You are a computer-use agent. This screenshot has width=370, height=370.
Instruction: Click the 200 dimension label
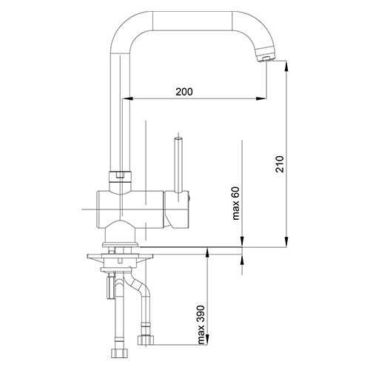click(x=184, y=92)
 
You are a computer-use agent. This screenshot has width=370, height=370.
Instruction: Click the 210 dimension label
click(x=280, y=164)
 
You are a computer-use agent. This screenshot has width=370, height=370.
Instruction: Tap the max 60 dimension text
click(x=236, y=203)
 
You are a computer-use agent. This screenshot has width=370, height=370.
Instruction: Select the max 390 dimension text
click(x=201, y=325)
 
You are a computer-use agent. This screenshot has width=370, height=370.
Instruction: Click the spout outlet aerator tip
click(x=266, y=58)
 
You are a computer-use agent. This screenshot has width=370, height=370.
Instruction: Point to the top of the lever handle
click(x=178, y=138)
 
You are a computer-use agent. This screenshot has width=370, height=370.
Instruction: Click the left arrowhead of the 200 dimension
click(x=128, y=98)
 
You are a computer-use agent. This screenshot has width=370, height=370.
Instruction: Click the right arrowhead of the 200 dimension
click(x=261, y=98)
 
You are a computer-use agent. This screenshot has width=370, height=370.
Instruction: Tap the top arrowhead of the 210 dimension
click(x=286, y=66)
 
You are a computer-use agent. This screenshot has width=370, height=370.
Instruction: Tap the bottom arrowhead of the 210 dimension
click(x=286, y=241)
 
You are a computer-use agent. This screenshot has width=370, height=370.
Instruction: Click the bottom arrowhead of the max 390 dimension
click(x=208, y=340)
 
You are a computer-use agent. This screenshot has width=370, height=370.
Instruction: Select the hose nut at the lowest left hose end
click(x=119, y=354)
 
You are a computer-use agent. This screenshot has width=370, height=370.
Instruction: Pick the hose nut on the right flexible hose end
click(x=145, y=340)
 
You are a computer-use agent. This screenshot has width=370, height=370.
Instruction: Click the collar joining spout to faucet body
click(x=120, y=177)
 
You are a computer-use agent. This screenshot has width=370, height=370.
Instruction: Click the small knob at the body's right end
click(x=190, y=198)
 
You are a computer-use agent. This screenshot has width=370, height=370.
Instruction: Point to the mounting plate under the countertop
click(x=120, y=257)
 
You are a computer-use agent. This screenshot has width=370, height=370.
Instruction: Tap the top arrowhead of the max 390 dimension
click(x=208, y=253)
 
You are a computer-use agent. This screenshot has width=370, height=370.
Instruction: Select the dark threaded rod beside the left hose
click(x=110, y=288)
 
